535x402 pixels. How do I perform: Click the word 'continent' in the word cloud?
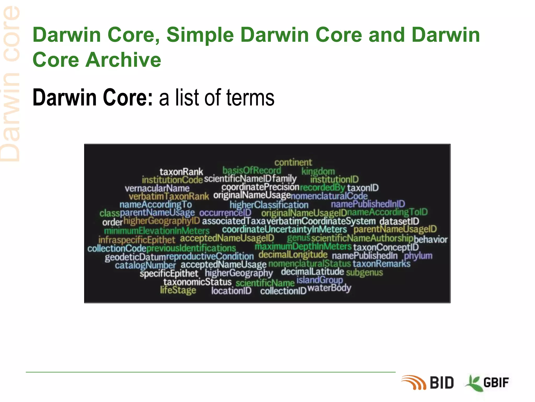(293, 163)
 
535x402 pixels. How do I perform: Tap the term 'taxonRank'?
(181, 172)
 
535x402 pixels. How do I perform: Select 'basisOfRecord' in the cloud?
(252, 171)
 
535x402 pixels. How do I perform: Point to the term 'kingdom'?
(318, 171)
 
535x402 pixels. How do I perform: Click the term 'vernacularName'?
(157, 188)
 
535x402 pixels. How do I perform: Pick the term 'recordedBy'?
(323, 187)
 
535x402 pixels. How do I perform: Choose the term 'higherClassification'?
(269, 205)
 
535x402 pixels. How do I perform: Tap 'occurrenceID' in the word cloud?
(225, 213)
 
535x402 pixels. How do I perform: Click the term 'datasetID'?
(399, 221)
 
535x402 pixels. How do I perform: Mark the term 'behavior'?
(431, 239)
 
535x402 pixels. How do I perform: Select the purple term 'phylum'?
(418, 256)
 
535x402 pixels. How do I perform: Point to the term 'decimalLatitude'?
(312, 272)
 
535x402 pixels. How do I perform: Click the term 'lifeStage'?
(178, 290)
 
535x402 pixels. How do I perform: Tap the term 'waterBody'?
(329, 288)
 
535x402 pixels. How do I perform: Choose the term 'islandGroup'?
(319, 280)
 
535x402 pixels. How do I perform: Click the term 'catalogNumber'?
(145, 265)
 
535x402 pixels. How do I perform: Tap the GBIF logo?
(487, 383)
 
